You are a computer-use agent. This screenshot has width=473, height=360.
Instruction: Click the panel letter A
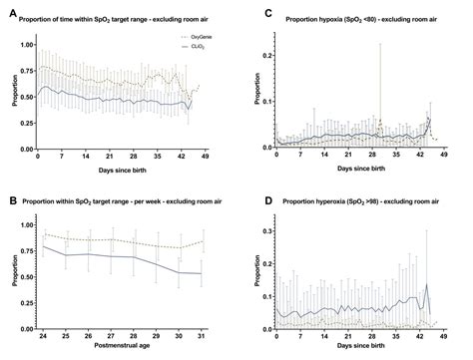click(6, 8)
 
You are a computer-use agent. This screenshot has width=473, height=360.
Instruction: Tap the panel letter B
click(6, 189)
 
